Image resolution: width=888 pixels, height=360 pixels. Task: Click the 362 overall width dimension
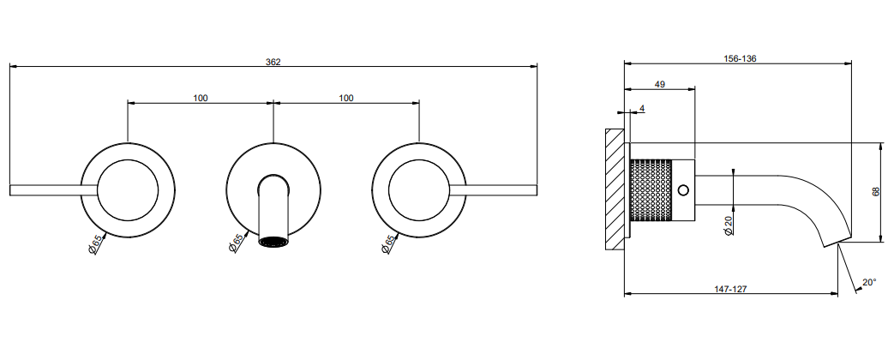point(273,62)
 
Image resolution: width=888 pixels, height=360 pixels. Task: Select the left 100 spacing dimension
point(201,98)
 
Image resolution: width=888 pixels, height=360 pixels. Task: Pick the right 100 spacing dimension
point(346,98)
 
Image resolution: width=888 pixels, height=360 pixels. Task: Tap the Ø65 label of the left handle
point(96,244)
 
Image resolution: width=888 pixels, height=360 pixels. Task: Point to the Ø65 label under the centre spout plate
point(237,244)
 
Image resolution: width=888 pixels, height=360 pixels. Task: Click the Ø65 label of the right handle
point(388,244)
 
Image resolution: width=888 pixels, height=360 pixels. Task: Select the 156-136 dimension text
point(741,58)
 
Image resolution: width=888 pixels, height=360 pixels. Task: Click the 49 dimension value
point(660,84)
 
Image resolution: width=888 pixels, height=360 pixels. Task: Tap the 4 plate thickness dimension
point(642,107)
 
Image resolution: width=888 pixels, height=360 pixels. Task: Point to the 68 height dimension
point(876,191)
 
